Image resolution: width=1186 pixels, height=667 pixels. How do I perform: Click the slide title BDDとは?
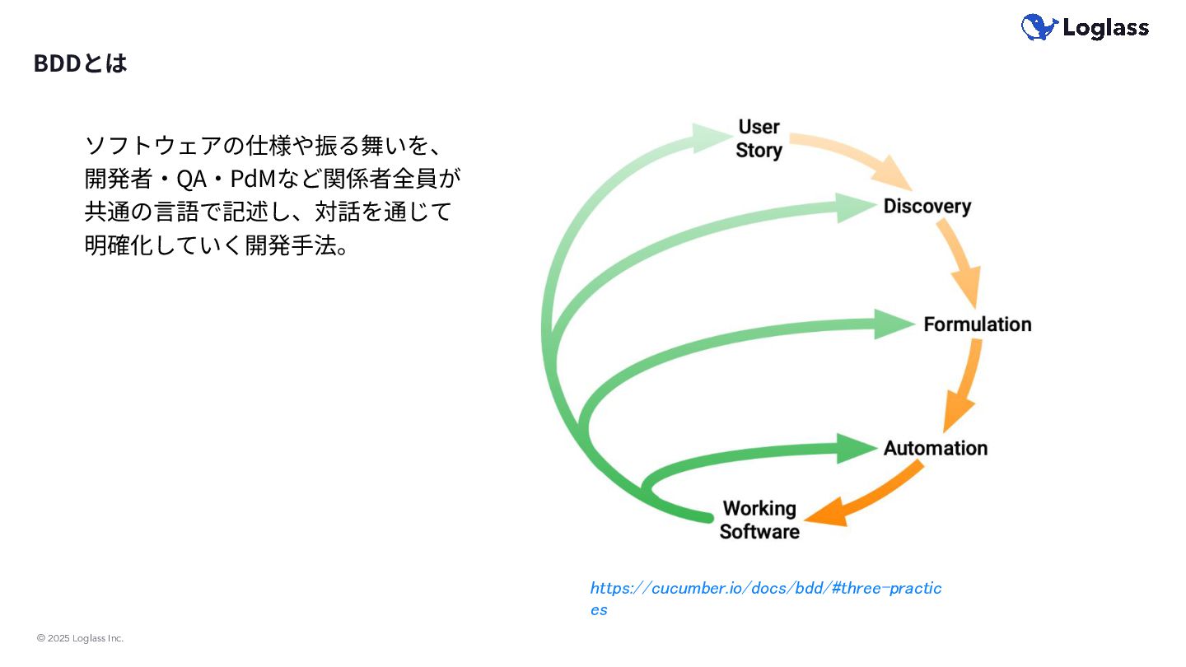coord(80,63)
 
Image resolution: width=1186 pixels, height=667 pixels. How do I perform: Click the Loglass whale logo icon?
coord(1039,27)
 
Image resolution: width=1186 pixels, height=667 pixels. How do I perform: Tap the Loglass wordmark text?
coord(1105,28)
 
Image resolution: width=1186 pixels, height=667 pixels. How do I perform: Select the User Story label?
coord(759,138)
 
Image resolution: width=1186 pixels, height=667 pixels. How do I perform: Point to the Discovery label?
coord(927,206)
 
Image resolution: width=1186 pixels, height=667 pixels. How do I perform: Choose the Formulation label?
coord(977,324)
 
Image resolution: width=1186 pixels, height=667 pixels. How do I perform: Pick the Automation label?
coord(935,448)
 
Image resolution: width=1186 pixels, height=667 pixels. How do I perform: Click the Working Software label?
coord(759,520)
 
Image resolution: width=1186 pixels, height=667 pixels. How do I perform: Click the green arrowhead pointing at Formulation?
coord(893,324)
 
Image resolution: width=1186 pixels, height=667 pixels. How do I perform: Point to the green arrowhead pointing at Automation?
coord(857,448)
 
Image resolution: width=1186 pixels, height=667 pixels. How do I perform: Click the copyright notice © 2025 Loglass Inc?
coord(80,638)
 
